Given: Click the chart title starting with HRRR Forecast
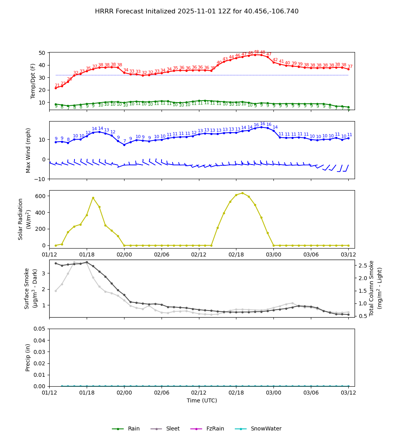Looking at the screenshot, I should click(x=197, y=11).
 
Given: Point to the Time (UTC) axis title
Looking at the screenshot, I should click(x=202, y=400).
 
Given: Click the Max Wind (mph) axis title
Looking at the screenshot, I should click(x=28, y=150).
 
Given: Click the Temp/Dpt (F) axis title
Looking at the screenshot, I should click(x=33, y=81).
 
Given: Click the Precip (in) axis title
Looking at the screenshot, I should click(x=28, y=357).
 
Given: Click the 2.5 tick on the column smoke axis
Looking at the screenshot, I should click(x=363, y=266).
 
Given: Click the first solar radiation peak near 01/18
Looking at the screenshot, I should click(x=93, y=198).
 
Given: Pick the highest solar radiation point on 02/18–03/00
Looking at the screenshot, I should click(x=242, y=193).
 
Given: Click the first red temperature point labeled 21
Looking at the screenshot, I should click(x=56, y=88).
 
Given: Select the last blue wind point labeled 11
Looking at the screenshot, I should click(x=348, y=138).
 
